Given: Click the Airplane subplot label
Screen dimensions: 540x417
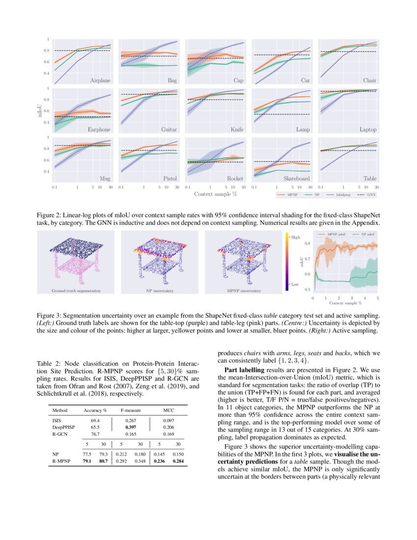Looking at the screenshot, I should (x=100, y=80).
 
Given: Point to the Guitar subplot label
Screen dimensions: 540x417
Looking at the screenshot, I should (x=169, y=130).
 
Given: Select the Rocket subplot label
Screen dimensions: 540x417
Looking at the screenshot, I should (x=235, y=179).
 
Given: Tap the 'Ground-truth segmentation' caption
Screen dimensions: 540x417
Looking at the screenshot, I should (x=76, y=291).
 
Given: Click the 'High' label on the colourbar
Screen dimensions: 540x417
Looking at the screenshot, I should (x=295, y=238).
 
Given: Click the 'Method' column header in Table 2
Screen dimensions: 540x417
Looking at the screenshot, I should (x=59, y=410).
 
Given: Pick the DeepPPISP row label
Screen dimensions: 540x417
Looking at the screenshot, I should (x=63, y=428).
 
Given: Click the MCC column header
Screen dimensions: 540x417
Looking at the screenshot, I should (x=169, y=410).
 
